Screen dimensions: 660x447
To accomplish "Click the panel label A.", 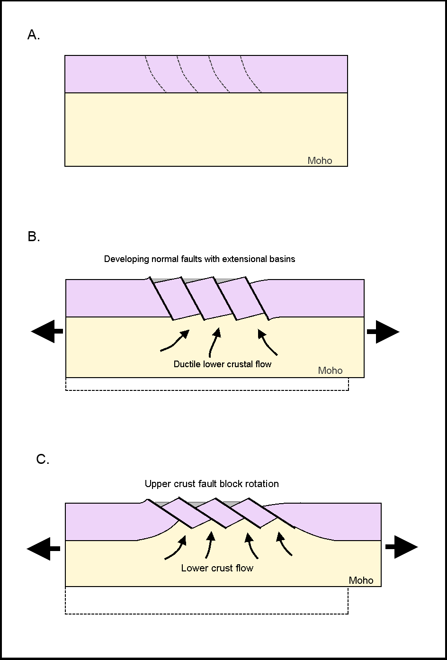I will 34,35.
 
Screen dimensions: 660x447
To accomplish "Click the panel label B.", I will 34,237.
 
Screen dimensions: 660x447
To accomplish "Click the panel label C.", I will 43,460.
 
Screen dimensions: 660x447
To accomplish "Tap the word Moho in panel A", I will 320,161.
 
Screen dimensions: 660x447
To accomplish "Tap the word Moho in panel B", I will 330,371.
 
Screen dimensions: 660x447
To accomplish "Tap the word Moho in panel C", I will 361,580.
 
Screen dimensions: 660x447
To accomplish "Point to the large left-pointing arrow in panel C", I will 43,549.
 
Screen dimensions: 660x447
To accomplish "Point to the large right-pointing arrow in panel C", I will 402,547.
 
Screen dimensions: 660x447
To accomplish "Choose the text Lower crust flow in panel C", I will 217,568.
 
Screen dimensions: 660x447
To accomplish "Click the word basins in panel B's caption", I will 282,259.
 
